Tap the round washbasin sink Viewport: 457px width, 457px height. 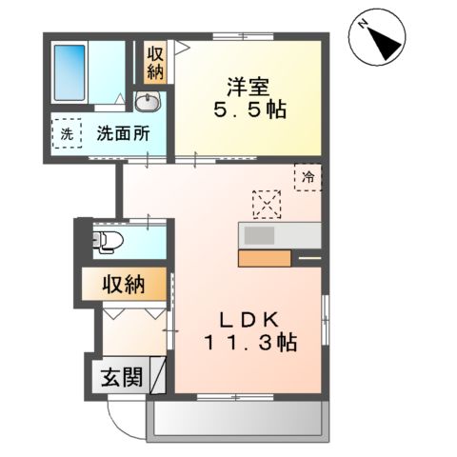[149, 102]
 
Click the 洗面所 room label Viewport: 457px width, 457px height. [124, 134]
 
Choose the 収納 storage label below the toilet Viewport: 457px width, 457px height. [124, 283]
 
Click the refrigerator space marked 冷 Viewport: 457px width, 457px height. [308, 176]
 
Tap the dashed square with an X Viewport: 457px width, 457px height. [268, 203]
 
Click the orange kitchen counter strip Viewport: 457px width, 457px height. [268, 257]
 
